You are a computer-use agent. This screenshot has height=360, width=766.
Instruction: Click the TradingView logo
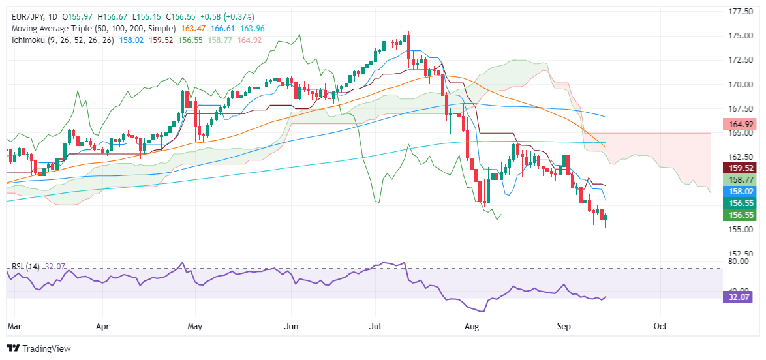click(x=38, y=348)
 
